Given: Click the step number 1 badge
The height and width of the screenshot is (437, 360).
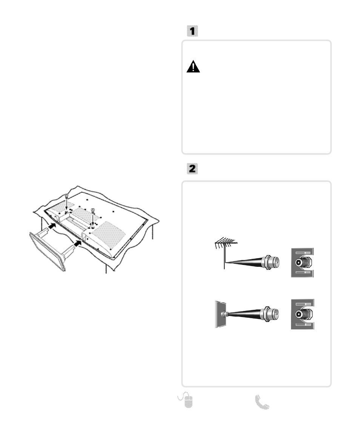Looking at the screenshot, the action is click(x=192, y=31).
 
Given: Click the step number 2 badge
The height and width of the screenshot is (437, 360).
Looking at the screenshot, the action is click(x=192, y=169).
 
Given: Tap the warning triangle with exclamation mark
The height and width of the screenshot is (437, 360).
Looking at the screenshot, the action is click(x=193, y=67).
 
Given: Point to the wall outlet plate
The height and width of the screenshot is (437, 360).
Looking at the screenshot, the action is click(x=220, y=314).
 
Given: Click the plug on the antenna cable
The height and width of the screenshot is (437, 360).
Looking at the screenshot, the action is click(x=271, y=262).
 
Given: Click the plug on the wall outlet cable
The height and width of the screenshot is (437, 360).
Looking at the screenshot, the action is click(x=270, y=314).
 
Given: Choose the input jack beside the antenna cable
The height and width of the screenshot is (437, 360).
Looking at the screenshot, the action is click(x=302, y=263).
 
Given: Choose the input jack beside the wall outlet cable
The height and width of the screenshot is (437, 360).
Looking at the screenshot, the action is click(x=302, y=314).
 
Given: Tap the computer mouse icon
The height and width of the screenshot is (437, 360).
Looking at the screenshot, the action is click(x=186, y=400).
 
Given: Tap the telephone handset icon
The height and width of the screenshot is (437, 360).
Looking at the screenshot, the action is click(x=262, y=402).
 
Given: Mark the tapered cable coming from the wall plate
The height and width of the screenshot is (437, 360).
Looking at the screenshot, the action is click(x=244, y=314).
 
